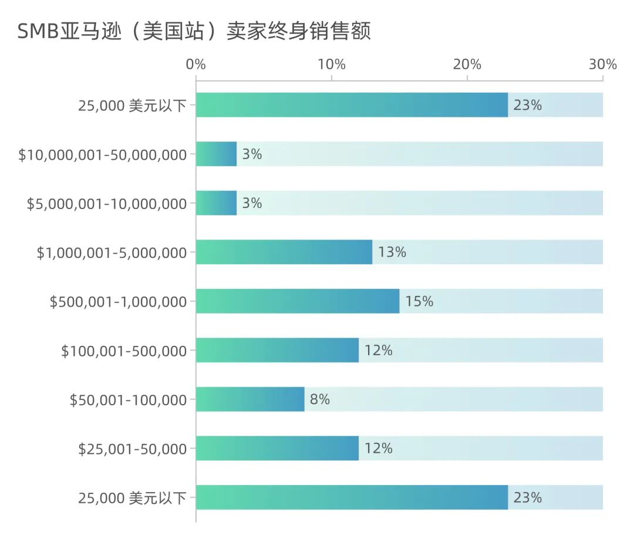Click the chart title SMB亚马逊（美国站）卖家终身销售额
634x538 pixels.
pyautogui.click(x=194, y=31)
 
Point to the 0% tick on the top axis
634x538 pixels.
pyautogui.click(x=195, y=65)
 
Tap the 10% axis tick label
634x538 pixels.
pyautogui.click(x=331, y=65)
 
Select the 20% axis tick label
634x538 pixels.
pyautogui.click(x=467, y=65)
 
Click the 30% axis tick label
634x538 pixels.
pyautogui.click(x=602, y=65)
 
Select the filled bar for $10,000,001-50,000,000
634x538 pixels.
pyautogui.click(x=216, y=154)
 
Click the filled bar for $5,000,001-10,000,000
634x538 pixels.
pyautogui.click(x=216, y=203)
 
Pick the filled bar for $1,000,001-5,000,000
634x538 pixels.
pyautogui.click(x=284, y=252)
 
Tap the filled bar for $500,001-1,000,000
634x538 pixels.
pyautogui.click(x=297, y=301)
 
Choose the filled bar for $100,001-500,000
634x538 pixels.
pyautogui.click(x=277, y=350)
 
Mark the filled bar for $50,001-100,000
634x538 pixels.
pyautogui.click(x=250, y=399)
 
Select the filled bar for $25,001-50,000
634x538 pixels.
pyautogui.click(x=277, y=448)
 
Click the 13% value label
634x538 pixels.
pyautogui.click(x=392, y=253)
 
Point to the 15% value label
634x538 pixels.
pyautogui.click(x=419, y=302)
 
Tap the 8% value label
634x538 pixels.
pyautogui.click(x=319, y=400)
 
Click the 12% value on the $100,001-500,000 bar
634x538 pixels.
pyautogui.click(x=378, y=351)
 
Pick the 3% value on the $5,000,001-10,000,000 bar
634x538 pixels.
pyautogui.click(x=252, y=204)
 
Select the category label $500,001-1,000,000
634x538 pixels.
pyautogui.click(x=118, y=302)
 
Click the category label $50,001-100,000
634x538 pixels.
pyautogui.click(x=128, y=400)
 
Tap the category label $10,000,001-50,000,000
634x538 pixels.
pyautogui.click(x=103, y=155)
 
